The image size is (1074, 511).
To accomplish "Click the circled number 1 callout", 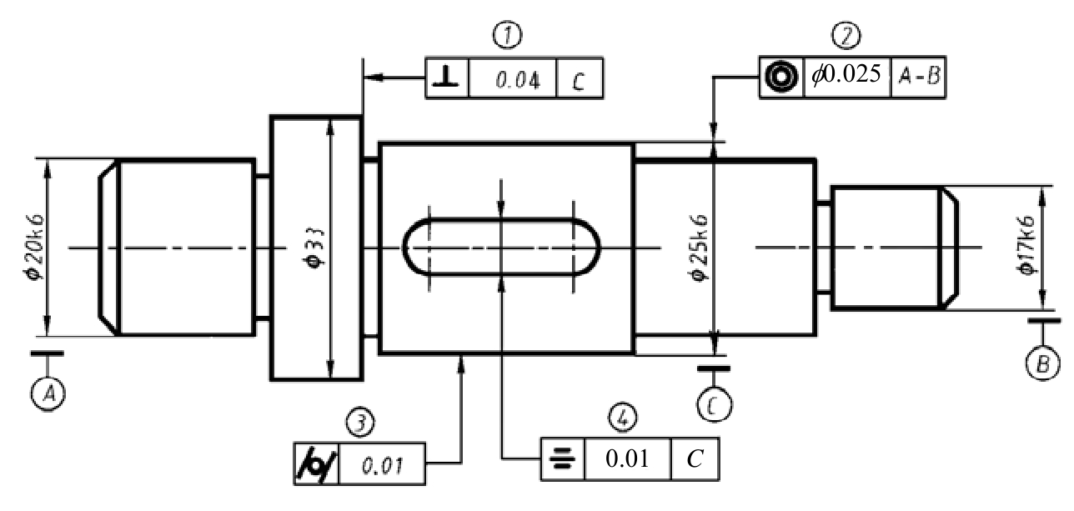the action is click(507, 34).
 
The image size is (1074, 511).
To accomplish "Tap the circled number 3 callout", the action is click(360, 422).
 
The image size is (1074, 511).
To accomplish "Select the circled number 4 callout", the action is click(623, 417).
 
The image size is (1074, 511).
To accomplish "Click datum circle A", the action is click(48, 393).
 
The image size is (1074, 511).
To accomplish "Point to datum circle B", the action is click(1043, 363).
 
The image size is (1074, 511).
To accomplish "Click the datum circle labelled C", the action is click(714, 405).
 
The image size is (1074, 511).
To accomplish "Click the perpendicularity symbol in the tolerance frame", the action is click(446, 78).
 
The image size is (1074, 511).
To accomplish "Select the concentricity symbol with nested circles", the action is click(781, 77).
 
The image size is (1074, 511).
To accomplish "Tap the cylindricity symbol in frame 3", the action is click(316, 464).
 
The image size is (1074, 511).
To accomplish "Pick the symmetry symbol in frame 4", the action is click(562, 458).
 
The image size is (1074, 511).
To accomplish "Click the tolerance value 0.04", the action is click(517, 80).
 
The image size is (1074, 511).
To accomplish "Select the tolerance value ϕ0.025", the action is click(846, 74).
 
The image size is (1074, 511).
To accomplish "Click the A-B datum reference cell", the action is click(919, 76).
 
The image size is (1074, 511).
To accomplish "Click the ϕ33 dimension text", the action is click(317, 248).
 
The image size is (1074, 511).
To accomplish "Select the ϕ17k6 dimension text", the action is click(1026, 245).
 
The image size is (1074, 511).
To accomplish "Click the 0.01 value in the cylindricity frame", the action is click(382, 466).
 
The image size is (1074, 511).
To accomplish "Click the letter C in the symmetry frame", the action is click(695, 458).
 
